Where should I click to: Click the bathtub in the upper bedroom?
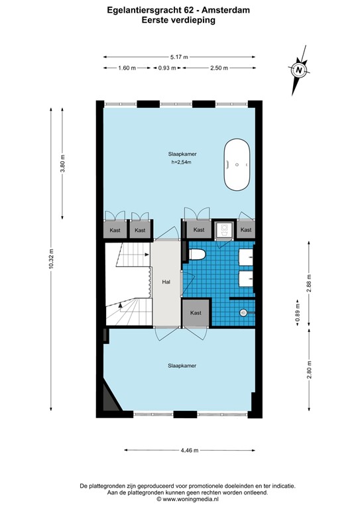coord(237,164)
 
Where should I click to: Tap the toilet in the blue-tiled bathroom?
coord(197,254)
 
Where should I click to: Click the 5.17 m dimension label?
coord(179,58)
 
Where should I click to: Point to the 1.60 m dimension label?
coord(127,68)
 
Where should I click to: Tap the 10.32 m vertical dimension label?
coord(50,258)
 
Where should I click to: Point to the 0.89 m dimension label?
coord(297,317)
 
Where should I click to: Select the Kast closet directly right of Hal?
coord(196,312)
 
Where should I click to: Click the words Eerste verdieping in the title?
coord(178,21)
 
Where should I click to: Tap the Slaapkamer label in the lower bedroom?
coord(182,365)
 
